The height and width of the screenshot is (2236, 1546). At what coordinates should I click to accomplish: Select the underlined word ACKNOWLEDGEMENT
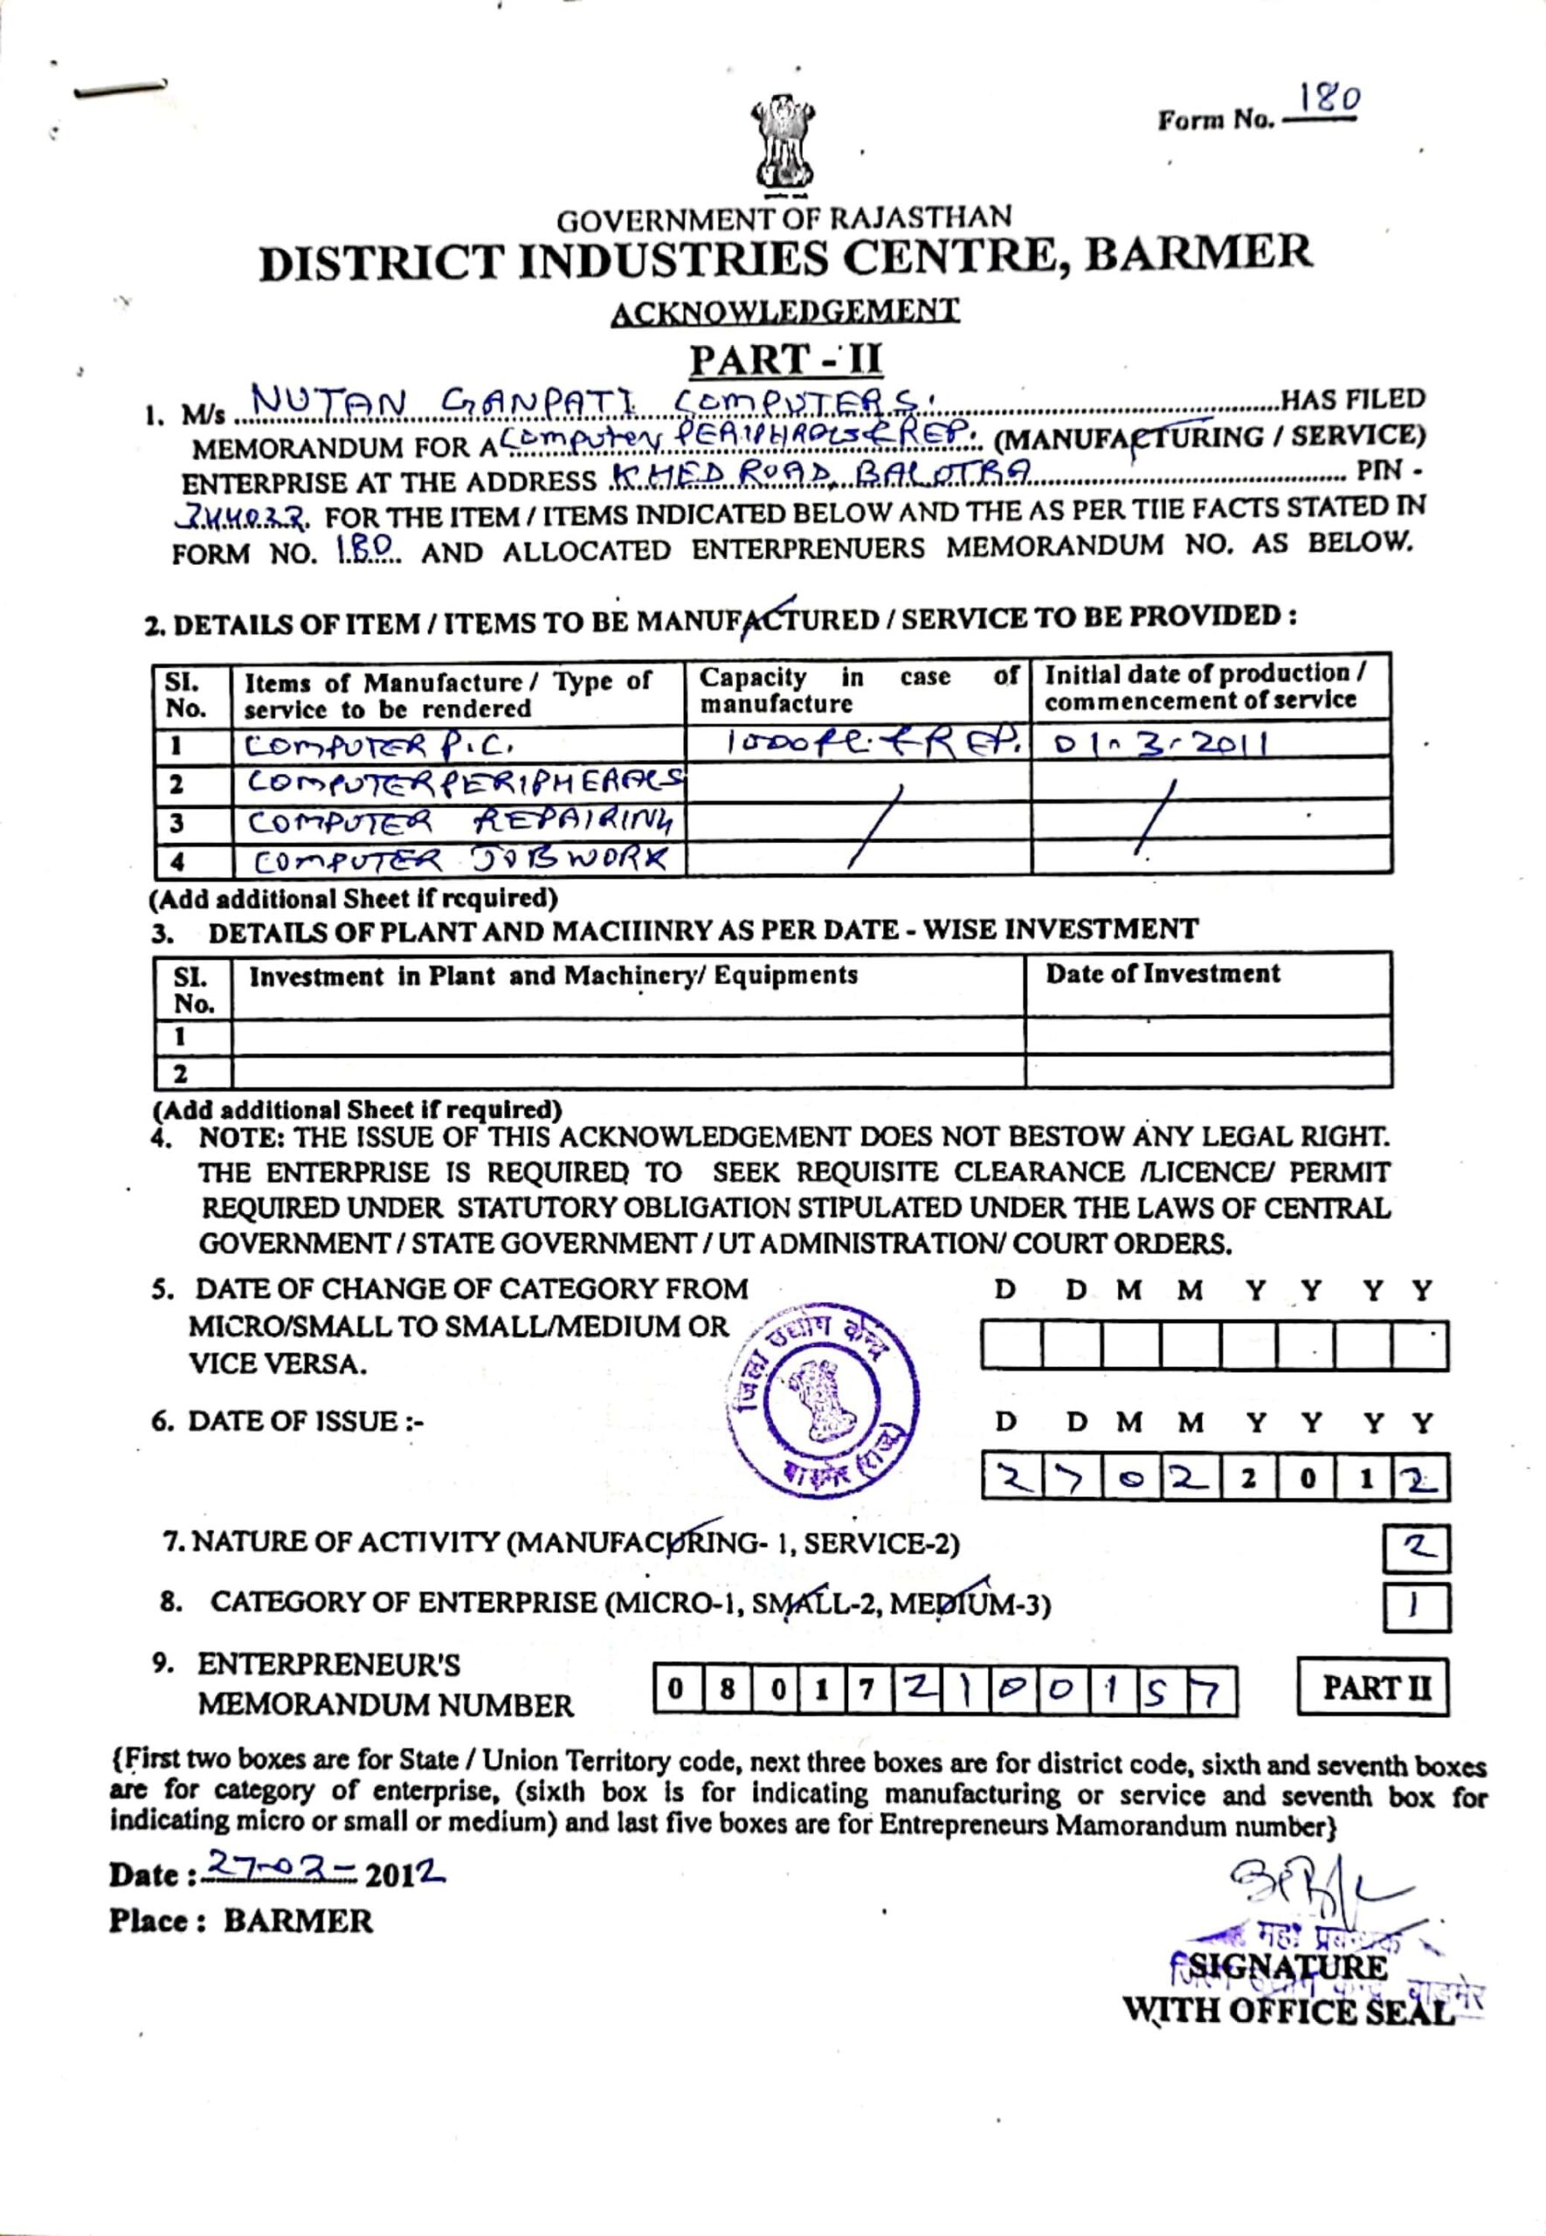coord(784,312)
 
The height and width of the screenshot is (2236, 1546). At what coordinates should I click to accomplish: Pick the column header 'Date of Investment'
coord(1163,973)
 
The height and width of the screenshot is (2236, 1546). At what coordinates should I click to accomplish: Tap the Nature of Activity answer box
coord(1416,1547)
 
